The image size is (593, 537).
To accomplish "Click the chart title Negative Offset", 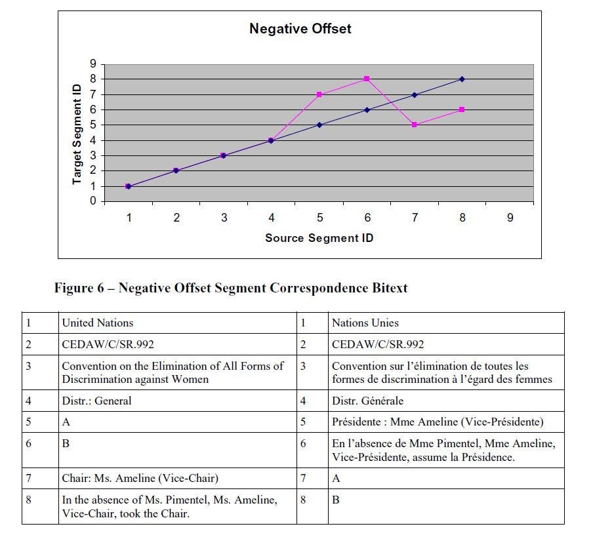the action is click(300, 29).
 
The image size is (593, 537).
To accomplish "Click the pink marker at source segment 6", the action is click(367, 79).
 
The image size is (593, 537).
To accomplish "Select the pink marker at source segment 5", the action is click(319, 94).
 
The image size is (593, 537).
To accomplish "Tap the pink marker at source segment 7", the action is click(415, 125).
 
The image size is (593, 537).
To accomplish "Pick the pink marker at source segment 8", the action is click(462, 109).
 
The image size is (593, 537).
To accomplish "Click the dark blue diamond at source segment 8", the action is click(462, 79).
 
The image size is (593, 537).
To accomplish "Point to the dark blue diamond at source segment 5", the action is click(319, 125).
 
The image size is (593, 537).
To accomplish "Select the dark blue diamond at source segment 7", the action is click(415, 95).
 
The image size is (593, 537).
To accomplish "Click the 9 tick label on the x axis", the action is click(510, 218).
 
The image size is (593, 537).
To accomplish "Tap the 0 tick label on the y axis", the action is click(93, 201).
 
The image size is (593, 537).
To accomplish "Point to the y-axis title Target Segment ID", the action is click(77, 134).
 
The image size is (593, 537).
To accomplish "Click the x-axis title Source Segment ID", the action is click(319, 238).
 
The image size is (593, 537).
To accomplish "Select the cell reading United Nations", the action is click(98, 323).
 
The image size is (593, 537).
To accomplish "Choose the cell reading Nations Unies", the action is click(365, 323).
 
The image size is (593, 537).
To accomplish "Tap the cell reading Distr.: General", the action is click(96, 401).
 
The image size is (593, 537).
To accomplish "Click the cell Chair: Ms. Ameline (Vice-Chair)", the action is click(140, 479).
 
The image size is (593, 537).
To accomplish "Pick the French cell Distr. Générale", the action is click(367, 401).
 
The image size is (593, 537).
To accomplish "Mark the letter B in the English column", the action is click(66, 443).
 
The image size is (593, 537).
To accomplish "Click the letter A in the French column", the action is click(336, 479).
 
